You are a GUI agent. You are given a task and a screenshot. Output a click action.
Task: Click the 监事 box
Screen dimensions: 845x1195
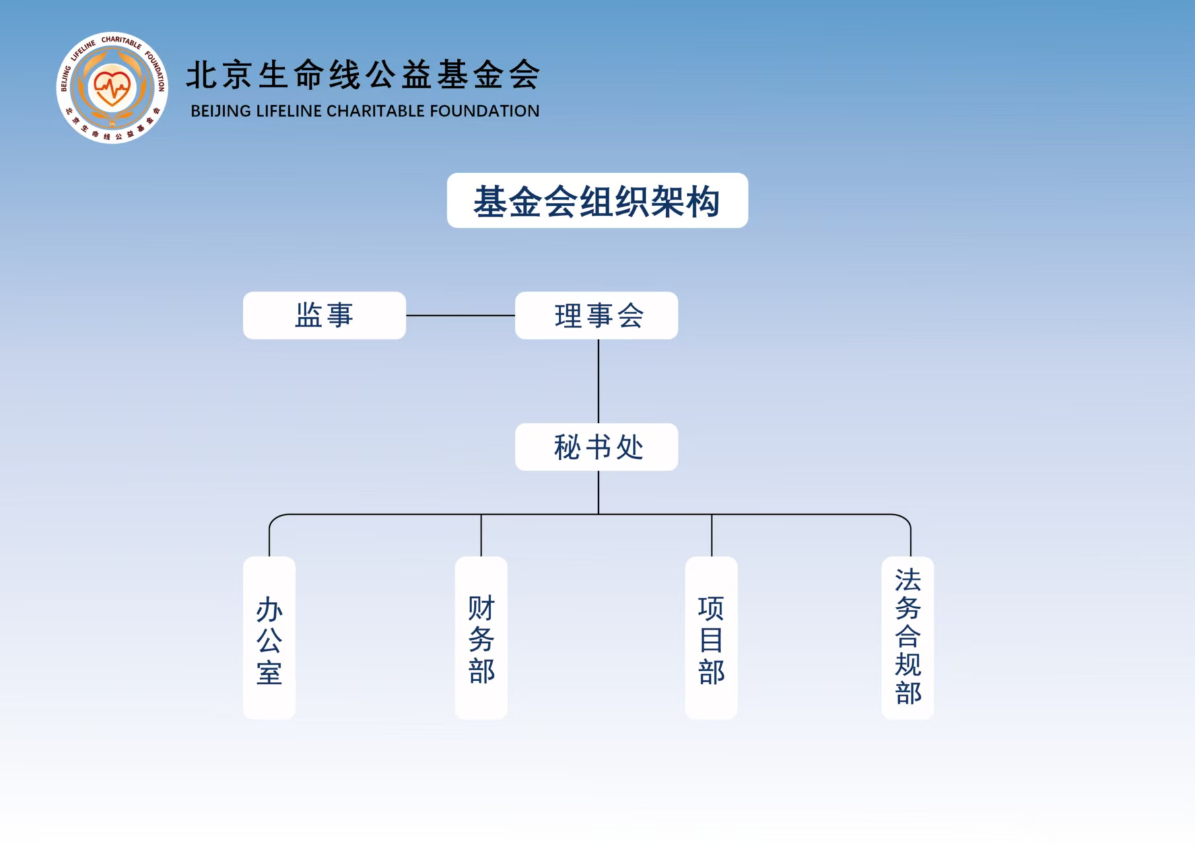(324, 316)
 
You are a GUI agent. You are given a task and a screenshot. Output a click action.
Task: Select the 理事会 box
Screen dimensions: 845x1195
(596, 316)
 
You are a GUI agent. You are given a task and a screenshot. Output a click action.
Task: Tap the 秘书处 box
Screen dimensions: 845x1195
(596, 447)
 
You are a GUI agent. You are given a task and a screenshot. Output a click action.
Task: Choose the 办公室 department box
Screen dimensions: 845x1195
(269, 638)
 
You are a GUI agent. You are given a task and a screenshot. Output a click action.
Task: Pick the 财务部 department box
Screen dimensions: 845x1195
(481, 638)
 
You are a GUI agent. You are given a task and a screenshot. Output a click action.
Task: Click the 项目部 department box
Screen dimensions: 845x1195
(711, 638)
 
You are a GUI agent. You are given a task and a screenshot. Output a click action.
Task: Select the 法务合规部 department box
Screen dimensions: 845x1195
(907, 638)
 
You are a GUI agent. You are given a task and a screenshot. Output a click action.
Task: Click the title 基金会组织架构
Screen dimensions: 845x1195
(597, 201)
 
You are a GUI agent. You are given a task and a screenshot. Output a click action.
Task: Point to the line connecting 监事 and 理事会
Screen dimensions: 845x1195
(460, 316)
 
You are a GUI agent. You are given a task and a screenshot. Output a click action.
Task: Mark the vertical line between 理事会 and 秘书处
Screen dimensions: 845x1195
(598, 381)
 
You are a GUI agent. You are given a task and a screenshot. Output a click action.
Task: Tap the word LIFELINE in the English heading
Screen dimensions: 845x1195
(289, 111)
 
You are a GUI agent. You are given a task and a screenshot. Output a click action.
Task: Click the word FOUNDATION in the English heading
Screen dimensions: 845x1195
(485, 111)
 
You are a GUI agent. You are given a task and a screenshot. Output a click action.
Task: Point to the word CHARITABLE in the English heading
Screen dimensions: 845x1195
(376, 111)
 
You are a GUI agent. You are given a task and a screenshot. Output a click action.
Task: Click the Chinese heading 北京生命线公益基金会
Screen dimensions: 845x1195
(363, 74)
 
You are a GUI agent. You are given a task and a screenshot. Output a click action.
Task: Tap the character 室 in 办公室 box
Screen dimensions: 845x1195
(269, 673)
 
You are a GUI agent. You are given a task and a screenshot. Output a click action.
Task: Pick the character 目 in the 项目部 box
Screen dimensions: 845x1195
(711, 640)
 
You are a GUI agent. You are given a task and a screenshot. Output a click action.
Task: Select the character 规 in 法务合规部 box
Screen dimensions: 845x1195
(908, 665)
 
